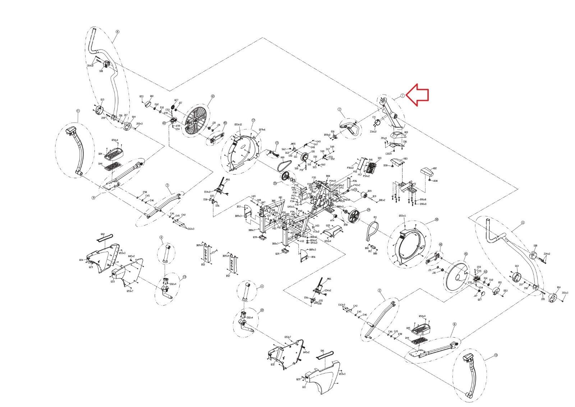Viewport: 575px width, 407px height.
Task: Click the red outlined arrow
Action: click(x=420, y=94)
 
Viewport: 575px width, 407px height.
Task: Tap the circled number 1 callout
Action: click(x=403, y=96)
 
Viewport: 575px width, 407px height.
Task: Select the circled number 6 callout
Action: click(x=117, y=32)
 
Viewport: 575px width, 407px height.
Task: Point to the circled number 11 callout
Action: click(x=78, y=111)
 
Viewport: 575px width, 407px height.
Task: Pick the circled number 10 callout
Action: click(x=496, y=355)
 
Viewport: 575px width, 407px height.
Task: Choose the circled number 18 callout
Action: click(x=437, y=219)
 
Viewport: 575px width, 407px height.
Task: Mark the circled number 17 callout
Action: click(x=253, y=120)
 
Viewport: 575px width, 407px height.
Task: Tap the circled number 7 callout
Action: click(x=339, y=109)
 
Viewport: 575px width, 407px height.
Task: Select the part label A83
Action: click(x=405, y=158)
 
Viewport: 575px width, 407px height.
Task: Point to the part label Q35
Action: click(x=328, y=226)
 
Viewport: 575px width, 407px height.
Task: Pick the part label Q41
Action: click(x=322, y=351)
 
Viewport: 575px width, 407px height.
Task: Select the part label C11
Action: click(x=374, y=117)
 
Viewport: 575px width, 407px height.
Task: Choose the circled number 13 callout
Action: click(x=185, y=277)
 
